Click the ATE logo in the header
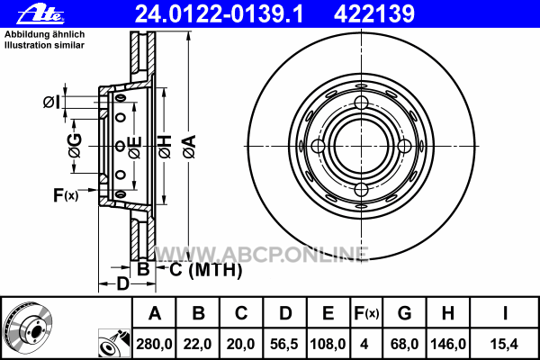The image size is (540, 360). coord(40,14)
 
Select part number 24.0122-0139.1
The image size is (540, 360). coord(220,14)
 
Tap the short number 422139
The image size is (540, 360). coord(374,14)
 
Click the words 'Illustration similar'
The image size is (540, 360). coord(44,45)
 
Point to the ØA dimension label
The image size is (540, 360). coord(189,147)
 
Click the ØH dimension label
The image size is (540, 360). coord(165,147)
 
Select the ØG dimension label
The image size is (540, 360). coord(75,146)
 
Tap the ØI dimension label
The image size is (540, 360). coord(51,103)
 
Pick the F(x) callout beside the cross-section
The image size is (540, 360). coord(66,195)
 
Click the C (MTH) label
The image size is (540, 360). coord(206,269)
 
